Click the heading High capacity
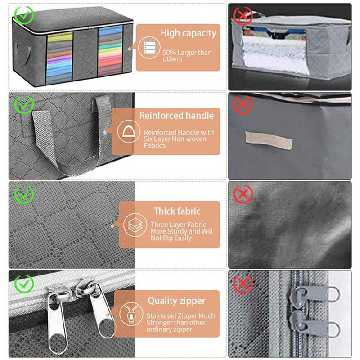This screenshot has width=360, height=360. pyautogui.click(x=188, y=33)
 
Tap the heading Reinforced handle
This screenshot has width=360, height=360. pyautogui.click(x=176, y=116)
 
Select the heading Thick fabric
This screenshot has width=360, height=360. pyautogui.click(x=177, y=211)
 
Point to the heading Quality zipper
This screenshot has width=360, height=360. pyautogui.click(x=176, y=301)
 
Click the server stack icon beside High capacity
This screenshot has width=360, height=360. pyautogui.click(x=149, y=48)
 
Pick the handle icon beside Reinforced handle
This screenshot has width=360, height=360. pyautogui.click(x=129, y=131)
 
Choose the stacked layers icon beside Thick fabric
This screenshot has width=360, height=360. pyautogui.click(x=135, y=225)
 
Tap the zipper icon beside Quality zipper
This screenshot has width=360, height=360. pyautogui.click(x=131, y=314)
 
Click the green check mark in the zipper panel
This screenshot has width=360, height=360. pyautogui.click(x=24, y=284)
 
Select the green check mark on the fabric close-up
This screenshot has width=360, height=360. pyautogui.click(x=24, y=194)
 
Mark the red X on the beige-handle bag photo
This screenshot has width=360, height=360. pyautogui.click(x=243, y=105)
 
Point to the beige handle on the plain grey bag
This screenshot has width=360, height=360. pyautogui.click(x=269, y=140)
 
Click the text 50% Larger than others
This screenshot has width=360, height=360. pyautogui.click(x=187, y=55)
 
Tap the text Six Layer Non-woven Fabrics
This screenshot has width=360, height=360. pyautogui.click(x=175, y=142)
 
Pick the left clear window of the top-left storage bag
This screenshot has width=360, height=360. pyautogui.click(x=60, y=58)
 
